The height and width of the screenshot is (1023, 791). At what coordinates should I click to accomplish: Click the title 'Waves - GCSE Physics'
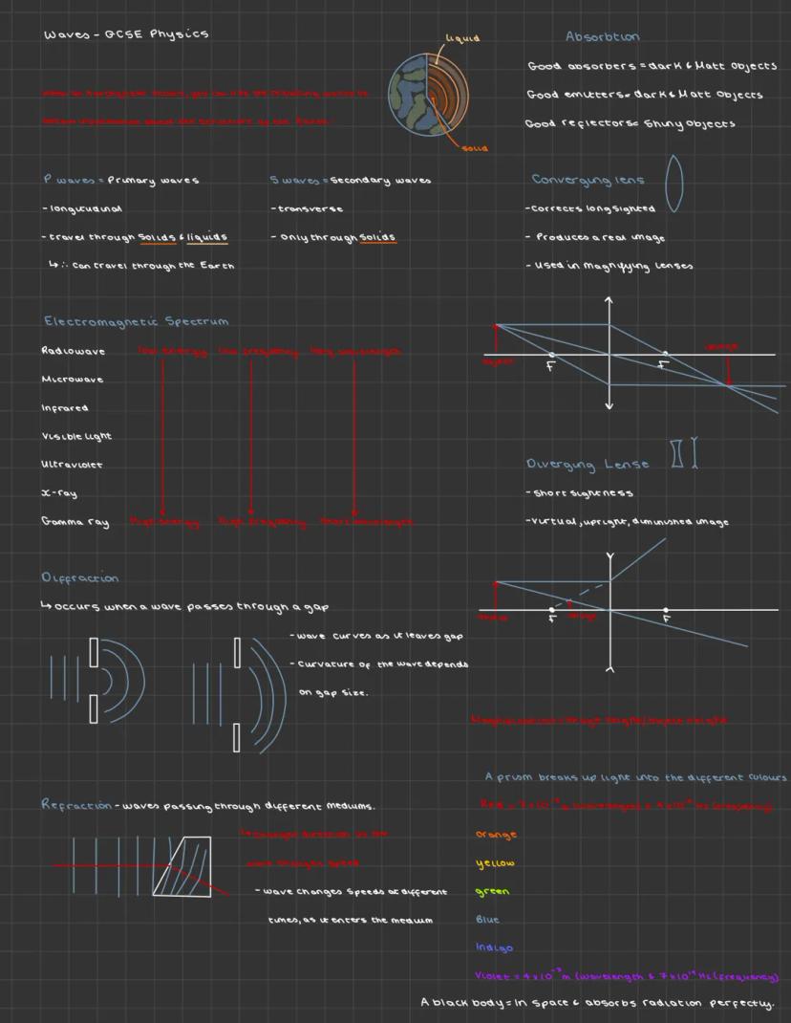click(x=125, y=34)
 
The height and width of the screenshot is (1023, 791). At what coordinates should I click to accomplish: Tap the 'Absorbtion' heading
click(x=602, y=36)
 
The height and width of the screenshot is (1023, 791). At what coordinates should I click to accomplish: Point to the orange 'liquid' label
click(x=462, y=38)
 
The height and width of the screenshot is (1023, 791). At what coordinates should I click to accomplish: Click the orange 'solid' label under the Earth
click(x=475, y=148)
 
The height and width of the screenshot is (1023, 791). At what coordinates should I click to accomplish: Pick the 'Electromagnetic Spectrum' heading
click(x=135, y=321)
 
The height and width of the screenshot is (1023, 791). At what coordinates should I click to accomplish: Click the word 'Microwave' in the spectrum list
click(x=72, y=380)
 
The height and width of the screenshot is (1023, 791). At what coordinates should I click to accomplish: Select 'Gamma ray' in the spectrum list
click(x=75, y=522)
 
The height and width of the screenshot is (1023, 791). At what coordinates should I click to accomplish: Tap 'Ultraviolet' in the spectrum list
click(x=72, y=465)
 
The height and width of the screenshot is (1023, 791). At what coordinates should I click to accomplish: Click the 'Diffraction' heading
click(x=80, y=577)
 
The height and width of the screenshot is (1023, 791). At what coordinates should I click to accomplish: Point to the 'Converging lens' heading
click(x=588, y=180)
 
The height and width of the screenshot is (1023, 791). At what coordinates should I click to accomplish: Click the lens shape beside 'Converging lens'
click(x=673, y=183)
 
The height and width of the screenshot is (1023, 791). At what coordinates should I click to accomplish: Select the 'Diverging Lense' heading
click(x=588, y=465)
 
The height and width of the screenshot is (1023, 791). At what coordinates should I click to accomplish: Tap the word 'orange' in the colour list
click(x=496, y=835)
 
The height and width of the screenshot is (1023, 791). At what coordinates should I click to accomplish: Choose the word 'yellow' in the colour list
click(x=495, y=863)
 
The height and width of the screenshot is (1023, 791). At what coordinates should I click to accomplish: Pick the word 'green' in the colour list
click(x=492, y=892)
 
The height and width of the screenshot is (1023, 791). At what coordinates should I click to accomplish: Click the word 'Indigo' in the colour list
click(x=494, y=948)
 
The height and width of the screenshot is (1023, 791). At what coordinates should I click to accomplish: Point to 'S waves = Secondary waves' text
click(x=350, y=180)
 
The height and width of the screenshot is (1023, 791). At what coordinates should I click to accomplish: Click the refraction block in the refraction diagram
click(x=183, y=866)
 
